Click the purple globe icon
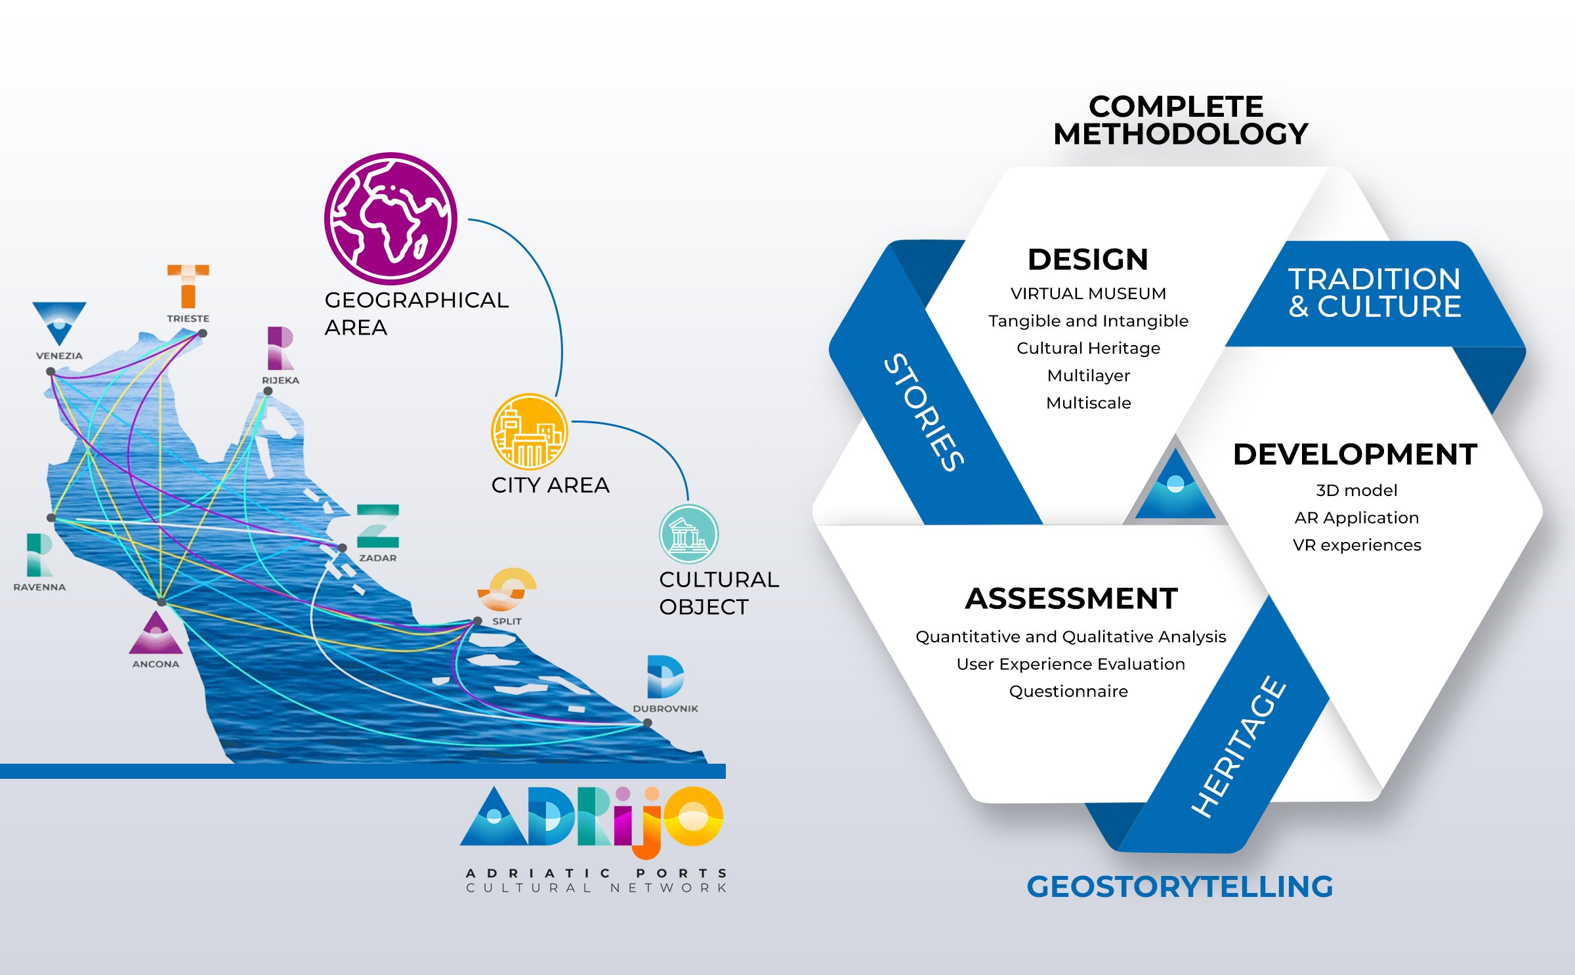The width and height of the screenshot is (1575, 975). click(390, 218)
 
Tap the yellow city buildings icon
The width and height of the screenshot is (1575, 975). click(530, 431)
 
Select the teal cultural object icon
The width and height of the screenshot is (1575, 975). click(688, 533)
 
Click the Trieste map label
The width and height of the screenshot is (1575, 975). click(188, 318)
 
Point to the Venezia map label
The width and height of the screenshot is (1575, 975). click(59, 356)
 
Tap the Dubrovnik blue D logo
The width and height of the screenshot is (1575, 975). click(665, 676)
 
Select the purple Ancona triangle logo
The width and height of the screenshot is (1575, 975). click(156, 634)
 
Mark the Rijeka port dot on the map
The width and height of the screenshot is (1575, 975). click(268, 391)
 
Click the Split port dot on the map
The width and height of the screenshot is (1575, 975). click(478, 621)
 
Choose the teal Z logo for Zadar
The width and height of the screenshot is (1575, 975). click(378, 526)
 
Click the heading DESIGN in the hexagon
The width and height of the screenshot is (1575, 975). click(1088, 259)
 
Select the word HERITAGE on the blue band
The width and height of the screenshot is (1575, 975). click(1239, 747)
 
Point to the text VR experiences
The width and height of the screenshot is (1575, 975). click(1356, 545)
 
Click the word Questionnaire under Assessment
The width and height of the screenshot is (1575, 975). click(1068, 692)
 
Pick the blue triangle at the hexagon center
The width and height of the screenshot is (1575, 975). click(1175, 486)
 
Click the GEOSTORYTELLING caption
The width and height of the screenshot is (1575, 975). click(1180, 886)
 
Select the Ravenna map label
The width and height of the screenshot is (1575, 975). click(39, 587)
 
